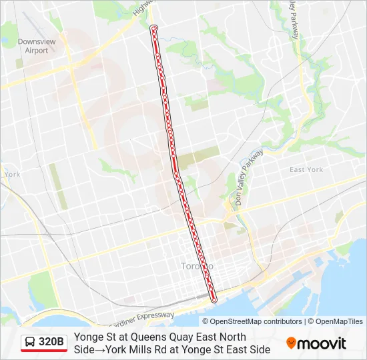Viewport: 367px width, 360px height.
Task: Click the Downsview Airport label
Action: [x=33, y=46]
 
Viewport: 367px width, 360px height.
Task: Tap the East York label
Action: [x=306, y=170]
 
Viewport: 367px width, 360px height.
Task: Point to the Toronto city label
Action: [x=196, y=266]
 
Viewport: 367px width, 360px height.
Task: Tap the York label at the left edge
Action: [x=12, y=175]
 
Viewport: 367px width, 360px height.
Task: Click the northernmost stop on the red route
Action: [x=154, y=28]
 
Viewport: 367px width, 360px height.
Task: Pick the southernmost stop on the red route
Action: [x=214, y=301]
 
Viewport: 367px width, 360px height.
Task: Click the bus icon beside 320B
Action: [x=31, y=343]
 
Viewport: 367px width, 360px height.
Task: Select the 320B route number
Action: [x=51, y=343]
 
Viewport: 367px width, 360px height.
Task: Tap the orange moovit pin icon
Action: [x=291, y=343]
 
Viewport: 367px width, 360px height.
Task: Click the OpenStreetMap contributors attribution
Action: [x=256, y=321]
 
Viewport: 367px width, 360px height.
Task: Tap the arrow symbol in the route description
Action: [x=101, y=349]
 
